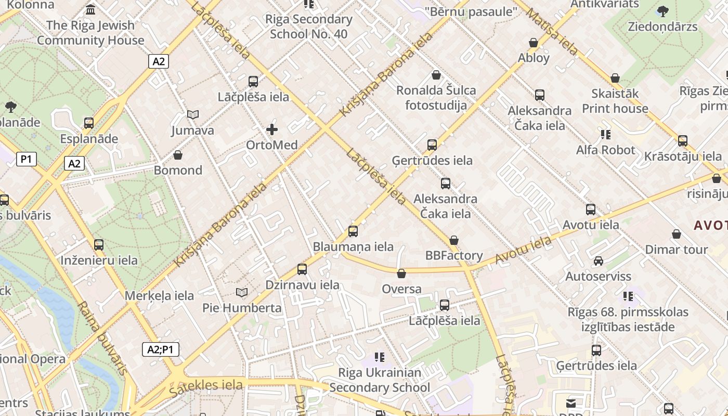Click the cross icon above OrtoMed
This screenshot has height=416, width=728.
(271, 129)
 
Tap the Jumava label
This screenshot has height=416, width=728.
(193, 131)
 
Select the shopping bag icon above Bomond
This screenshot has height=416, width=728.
(178, 155)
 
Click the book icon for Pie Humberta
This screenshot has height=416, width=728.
(241, 292)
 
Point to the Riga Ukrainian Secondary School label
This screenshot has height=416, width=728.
(380, 380)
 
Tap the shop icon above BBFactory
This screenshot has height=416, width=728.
(454, 240)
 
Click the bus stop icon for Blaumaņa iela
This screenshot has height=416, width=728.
(353, 231)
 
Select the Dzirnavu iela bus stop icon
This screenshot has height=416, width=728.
(302, 269)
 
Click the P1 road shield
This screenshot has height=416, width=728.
(26, 159)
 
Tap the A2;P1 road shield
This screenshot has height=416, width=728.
(161, 349)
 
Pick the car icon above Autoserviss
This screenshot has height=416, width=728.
(599, 261)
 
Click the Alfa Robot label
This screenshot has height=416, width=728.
(605, 150)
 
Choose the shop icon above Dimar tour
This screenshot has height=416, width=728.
(677, 235)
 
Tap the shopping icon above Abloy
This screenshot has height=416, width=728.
(534, 43)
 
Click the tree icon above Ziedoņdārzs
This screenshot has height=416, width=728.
(662, 11)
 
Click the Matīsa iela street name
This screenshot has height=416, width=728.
(552, 32)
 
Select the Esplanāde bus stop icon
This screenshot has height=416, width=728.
(89, 123)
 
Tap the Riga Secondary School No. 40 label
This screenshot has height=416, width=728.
(309, 27)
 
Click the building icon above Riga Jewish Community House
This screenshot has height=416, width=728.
(90, 9)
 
